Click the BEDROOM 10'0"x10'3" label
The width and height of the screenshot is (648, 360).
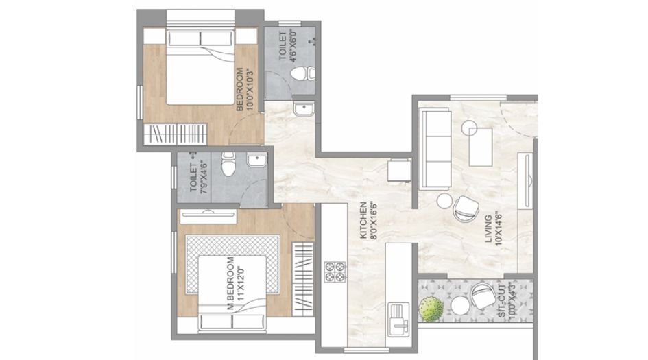coord(243,90)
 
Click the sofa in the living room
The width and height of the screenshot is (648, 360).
coord(433,148)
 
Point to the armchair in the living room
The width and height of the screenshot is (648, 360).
coord(466,206)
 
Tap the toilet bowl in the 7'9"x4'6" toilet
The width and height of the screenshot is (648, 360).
coord(230,165)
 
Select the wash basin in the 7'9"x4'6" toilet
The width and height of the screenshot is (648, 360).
coord(257,163)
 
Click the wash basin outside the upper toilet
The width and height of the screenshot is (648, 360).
coord(302,109)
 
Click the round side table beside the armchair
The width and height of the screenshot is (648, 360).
coord(444,200)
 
